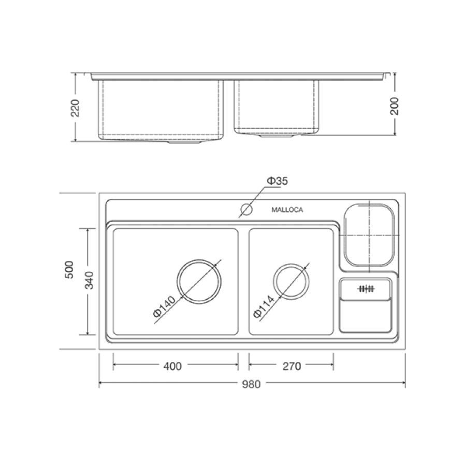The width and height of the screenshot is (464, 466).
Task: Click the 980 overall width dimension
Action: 251,384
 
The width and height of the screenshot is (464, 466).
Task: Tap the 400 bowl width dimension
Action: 172,366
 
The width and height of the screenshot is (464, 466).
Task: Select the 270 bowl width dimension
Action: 292,366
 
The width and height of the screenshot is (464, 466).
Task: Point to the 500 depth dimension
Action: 69,270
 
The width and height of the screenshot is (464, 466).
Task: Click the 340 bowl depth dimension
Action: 89,280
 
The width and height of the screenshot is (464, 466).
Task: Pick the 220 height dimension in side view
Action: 75,108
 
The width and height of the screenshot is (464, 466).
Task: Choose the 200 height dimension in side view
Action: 395,106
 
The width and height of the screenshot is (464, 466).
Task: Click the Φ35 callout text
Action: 278,181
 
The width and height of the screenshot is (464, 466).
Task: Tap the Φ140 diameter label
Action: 164,307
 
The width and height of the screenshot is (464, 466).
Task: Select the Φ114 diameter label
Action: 264,307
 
